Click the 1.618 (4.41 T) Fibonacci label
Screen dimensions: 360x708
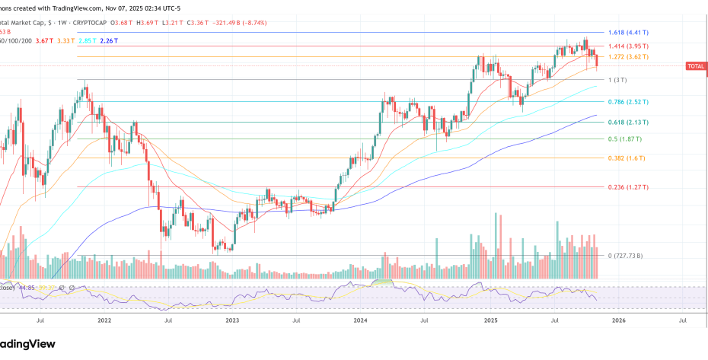pos(628,33)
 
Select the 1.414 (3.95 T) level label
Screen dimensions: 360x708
pos(628,47)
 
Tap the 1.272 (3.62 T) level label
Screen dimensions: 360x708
pos(628,57)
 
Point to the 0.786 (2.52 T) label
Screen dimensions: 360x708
pos(628,102)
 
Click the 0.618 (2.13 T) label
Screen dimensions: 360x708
pos(628,123)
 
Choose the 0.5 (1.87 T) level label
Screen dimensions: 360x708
pos(624,139)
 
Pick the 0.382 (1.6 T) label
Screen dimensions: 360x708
pos(627,158)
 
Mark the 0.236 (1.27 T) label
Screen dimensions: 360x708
pos(628,187)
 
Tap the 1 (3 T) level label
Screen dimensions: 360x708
pos(617,80)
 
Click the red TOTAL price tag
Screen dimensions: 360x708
pos(696,66)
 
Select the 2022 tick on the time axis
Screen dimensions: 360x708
pos(105,321)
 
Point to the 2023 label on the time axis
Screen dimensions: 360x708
pos(233,321)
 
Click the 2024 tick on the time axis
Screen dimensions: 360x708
pos(361,321)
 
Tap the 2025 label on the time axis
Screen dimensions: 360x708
pos(490,321)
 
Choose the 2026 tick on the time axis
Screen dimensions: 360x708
pos(618,321)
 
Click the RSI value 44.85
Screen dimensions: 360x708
pos(27,288)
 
